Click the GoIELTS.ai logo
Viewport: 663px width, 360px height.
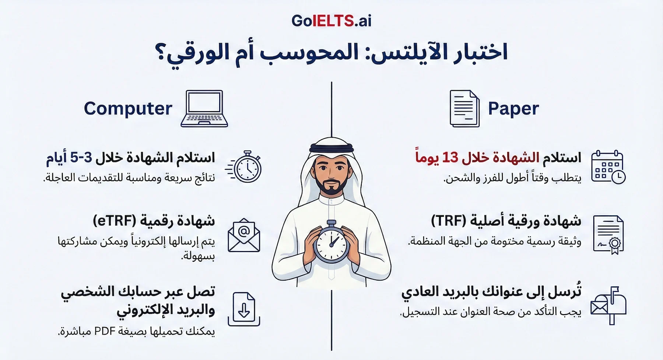click(x=331, y=21)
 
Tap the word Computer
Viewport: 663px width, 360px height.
click(x=128, y=109)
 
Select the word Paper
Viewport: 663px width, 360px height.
click(x=513, y=109)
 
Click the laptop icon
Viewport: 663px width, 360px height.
click(x=204, y=109)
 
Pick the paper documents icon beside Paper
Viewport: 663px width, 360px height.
click(x=464, y=109)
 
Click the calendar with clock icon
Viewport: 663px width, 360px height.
click(x=608, y=167)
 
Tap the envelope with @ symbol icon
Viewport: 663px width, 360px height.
click(x=244, y=236)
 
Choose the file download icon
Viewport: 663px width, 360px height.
click(x=244, y=309)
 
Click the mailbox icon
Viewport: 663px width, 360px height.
click(x=608, y=306)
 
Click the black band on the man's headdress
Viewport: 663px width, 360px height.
click(x=331, y=148)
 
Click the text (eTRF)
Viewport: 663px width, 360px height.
click(x=114, y=221)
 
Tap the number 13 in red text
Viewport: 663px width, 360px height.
click(x=450, y=158)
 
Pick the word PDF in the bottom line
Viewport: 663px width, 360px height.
click(x=105, y=331)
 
